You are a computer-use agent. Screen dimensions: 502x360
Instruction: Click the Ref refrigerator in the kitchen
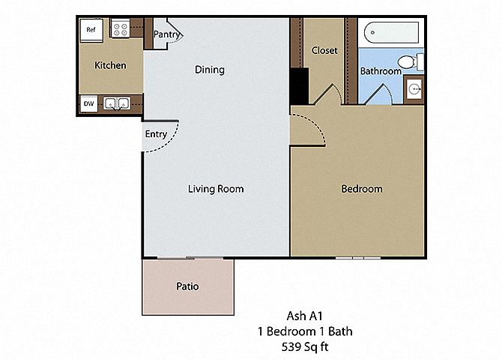click(x=91, y=30)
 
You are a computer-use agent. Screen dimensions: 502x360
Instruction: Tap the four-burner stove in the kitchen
click(x=120, y=28)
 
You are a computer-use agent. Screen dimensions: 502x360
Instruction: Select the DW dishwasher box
click(x=88, y=103)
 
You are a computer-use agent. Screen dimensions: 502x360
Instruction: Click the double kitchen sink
click(x=117, y=103)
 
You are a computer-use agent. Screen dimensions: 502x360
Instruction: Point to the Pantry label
click(x=167, y=34)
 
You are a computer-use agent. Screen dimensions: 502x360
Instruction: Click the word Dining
click(x=210, y=70)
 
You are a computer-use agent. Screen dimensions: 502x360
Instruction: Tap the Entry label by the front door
click(x=156, y=134)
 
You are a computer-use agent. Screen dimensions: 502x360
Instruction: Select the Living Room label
click(x=216, y=189)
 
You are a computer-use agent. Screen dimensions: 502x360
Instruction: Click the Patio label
click(x=187, y=286)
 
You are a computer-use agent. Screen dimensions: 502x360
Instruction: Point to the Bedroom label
click(x=362, y=189)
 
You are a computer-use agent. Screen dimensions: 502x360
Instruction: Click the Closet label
click(x=324, y=50)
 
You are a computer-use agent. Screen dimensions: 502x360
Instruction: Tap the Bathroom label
click(x=381, y=70)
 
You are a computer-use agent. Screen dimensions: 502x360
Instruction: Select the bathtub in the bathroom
click(x=391, y=32)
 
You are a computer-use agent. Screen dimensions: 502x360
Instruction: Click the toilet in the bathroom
click(x=411, y=61)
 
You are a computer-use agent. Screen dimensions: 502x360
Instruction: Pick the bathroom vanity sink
click(x=414, y=88)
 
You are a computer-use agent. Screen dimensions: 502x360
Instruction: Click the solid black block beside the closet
click(x=300, y=86)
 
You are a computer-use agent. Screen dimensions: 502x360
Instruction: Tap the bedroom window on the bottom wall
click(x=358, y=257)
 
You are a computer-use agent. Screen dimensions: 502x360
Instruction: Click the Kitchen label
click(x=110, y=65)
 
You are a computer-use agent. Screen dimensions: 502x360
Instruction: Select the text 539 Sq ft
click(x=305, y=346)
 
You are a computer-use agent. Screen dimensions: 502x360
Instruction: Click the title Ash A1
click(x=304, y=316)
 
